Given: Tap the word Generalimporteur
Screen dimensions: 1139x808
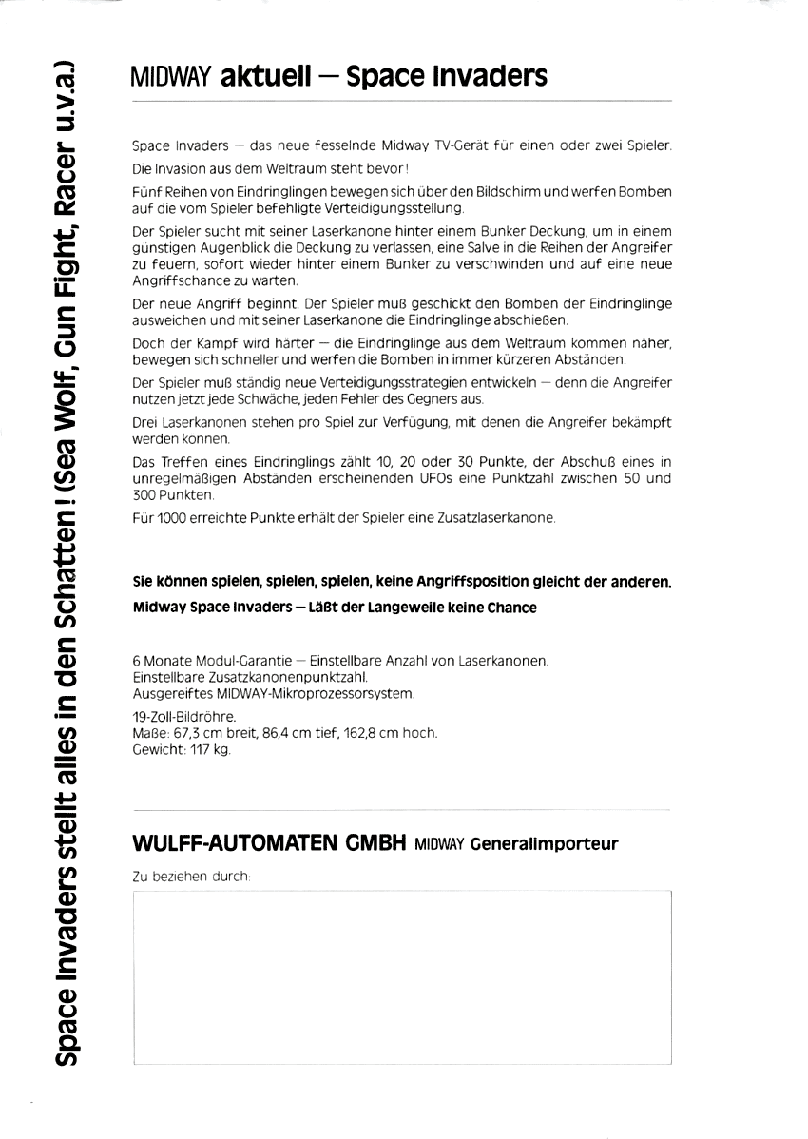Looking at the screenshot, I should pos(544,843).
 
